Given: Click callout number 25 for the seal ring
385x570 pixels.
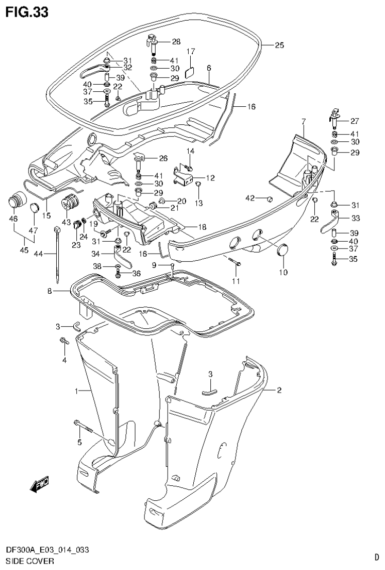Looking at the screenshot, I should [x=279, y=45].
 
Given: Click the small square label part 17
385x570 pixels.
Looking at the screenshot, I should [x=190, y=71].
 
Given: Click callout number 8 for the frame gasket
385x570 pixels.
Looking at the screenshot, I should [x=50, y=291].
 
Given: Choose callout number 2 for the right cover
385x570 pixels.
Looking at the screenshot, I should [x=279, y=390].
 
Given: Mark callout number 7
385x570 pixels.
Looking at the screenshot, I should [x=304, y=122].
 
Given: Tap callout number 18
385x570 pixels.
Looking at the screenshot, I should [x=202, y=228].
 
